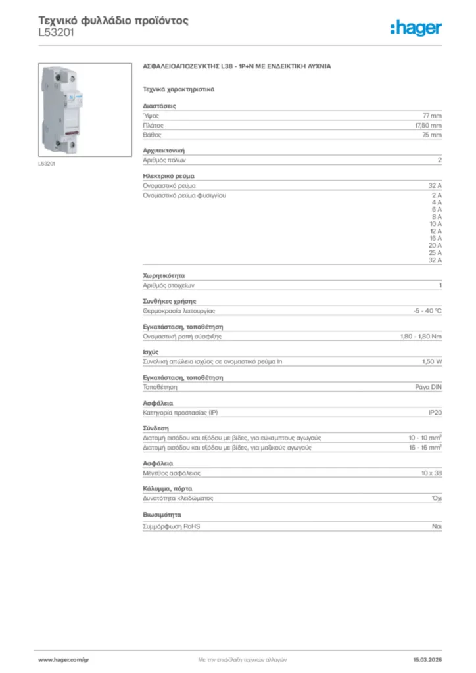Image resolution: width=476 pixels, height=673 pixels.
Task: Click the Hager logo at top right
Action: (416, 28)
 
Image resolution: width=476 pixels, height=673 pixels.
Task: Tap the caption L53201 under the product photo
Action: (47, 164)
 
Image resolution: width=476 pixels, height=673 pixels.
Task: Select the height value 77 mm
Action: (432, 115)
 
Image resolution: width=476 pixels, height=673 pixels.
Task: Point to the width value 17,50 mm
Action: (428, 125)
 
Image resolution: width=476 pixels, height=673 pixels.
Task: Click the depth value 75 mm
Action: (432, 135)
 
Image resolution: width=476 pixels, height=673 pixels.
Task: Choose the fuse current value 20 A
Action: (435, 245)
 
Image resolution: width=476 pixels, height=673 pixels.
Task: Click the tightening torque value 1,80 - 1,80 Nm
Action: (421, 336)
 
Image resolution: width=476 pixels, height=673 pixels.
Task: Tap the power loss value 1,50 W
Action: (432, 362)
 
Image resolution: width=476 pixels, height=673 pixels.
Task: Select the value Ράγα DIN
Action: (429, 388)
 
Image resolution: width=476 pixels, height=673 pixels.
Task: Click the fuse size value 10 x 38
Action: (431, 473)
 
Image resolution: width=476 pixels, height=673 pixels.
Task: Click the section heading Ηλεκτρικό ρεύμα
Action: (168, 176)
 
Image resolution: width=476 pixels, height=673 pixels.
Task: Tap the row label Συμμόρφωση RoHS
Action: (172, 526)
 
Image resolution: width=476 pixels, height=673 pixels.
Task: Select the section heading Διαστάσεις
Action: (159, 106)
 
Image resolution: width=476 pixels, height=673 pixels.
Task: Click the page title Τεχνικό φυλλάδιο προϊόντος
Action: (114, 20)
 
